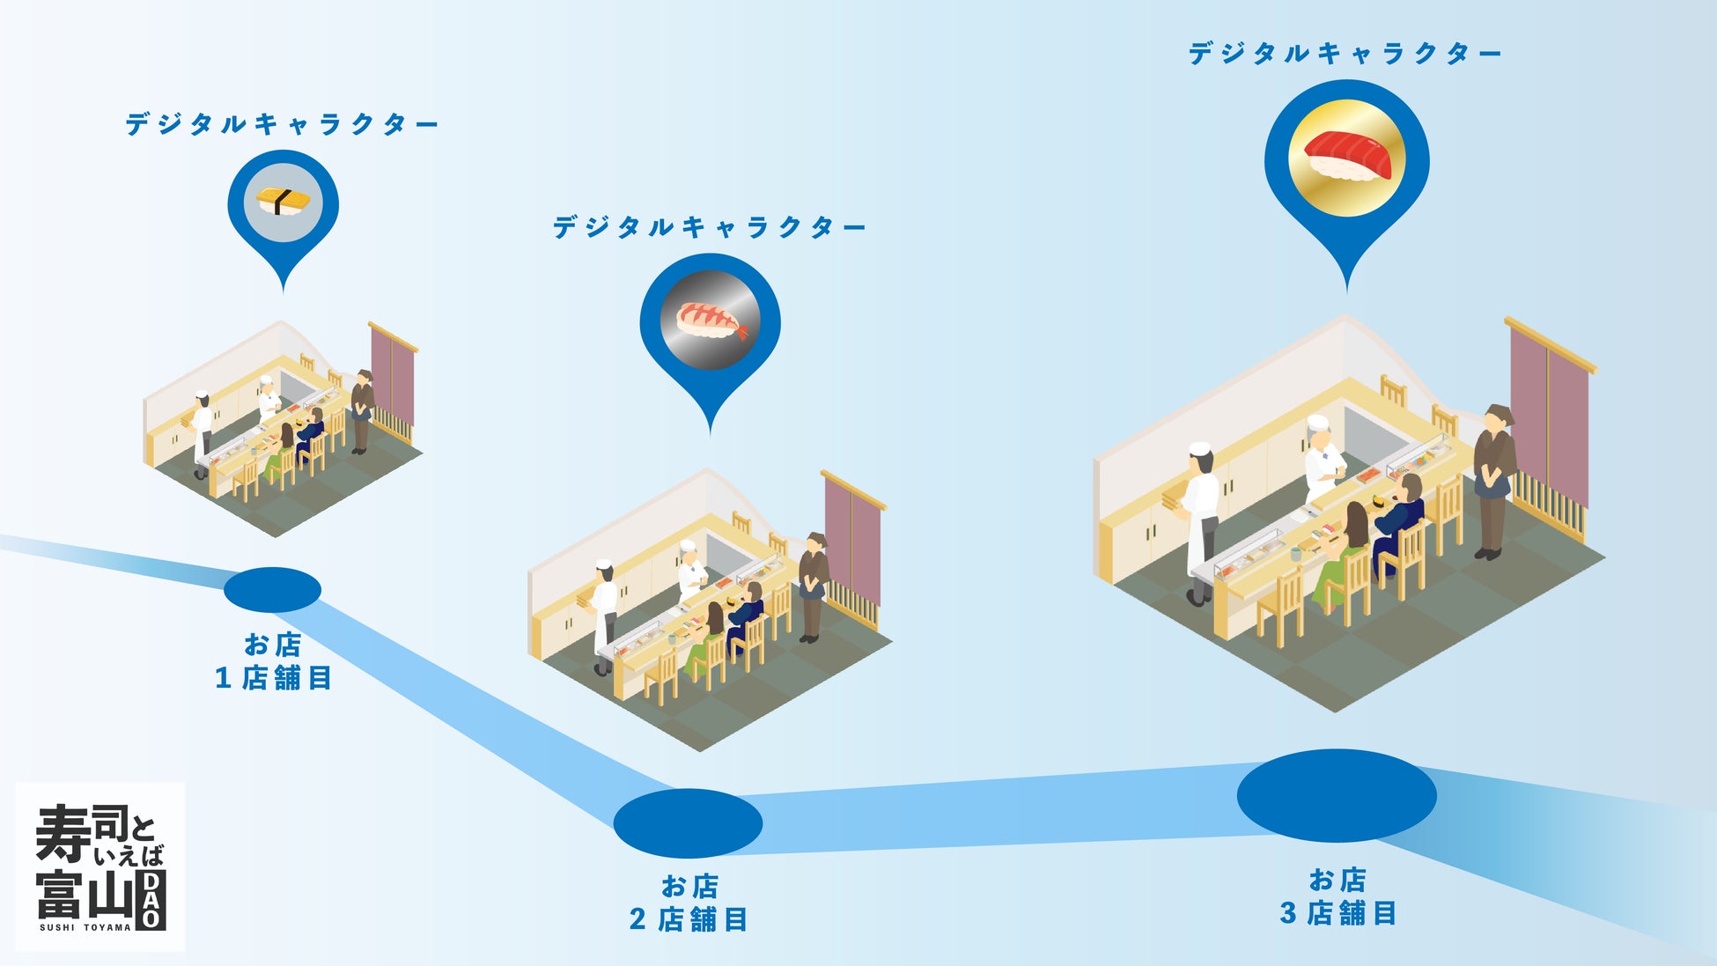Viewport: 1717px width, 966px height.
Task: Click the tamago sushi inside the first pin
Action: pyautogui.click(x=283, y=201)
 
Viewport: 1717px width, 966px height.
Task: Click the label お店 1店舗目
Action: pyautogui.click(x=273, y=661)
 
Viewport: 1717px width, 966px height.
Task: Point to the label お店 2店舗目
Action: pyautogui.click(x=689, y=903)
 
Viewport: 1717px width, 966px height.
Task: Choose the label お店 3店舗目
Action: pyautogui.click(x=1337, y=896)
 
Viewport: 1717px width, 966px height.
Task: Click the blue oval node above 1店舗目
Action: pyautogui.click(x=272, y=589)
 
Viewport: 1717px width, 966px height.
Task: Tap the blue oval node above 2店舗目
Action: pyautogui.click(x=688, y=822)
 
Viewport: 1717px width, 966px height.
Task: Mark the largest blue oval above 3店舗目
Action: pyautogui.click(x=1337, y=795)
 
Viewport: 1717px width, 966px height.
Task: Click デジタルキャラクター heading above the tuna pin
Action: pyautogui.click(x=1345, y=54)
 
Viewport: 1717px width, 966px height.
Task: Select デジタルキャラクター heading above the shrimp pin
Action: pyautogui.click(x=710, y=228)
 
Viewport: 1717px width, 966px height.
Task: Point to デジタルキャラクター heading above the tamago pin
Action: pyautogui.click(x=282, y=124)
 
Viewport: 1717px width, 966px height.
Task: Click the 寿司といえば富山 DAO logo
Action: pyautogui.click(x=100, y=866)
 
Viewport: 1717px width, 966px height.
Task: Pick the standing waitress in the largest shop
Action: pyautogui.click(x=1493, y=480)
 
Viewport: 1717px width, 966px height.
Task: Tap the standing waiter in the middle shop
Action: pyautogui.click(x=812, y=586)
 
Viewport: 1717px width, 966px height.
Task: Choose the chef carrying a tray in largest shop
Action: pyautogui.click(x=1199, y=520)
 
